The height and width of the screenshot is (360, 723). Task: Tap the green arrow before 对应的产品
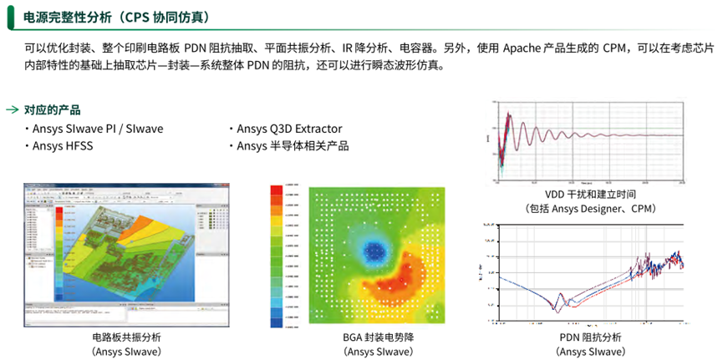[12, 110]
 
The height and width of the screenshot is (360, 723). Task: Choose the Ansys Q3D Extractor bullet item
[283, 129]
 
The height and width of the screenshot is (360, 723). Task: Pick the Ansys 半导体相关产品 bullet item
[288, 146]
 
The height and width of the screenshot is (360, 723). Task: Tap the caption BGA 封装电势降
[361, 337]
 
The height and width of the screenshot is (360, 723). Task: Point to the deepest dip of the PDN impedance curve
[556, 310]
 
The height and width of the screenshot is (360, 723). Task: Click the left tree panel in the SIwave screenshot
[36, 251]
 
